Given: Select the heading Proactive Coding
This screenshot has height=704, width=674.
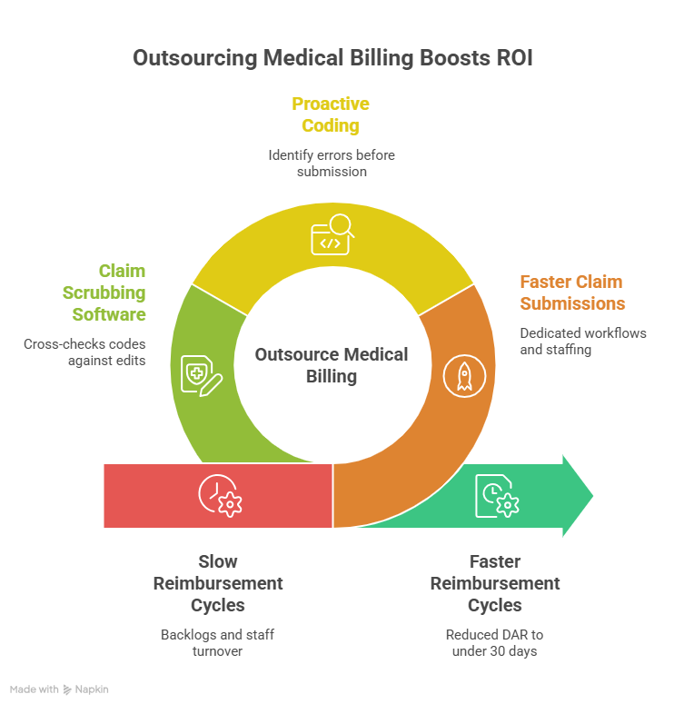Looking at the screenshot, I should tap(331, 114).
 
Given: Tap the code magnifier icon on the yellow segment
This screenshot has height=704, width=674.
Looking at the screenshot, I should tap(332, 237).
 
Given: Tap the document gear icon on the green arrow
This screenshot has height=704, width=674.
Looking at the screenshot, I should tap(496, 496).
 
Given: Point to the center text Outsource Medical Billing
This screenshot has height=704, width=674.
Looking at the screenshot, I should tap(332, 365).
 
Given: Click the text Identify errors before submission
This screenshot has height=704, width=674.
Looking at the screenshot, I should tap(332, 163).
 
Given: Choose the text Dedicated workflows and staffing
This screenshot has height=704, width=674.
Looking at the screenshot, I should tap(583, 341).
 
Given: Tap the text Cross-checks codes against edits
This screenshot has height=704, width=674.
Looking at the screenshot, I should tap(84, 352).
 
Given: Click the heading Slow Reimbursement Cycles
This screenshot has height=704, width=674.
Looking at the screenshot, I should tap(218, 583).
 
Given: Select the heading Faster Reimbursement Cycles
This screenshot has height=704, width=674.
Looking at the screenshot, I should tap(495, 583).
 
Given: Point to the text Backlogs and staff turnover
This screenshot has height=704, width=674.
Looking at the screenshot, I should tap(218, 642).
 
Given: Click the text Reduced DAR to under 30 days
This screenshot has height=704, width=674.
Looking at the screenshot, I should tap(495, 642).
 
